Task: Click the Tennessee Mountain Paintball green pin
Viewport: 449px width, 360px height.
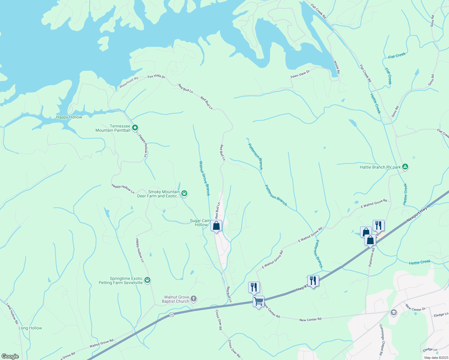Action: (135, 128)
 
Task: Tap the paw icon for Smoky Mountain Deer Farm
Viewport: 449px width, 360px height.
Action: (184, 193)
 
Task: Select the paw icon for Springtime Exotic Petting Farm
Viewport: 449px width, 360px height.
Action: (147, 280)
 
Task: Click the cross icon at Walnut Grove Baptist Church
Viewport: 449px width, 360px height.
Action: (194, 299)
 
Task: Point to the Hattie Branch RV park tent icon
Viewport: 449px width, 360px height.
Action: (405, 167)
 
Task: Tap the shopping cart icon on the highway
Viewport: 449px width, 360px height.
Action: (258, 301)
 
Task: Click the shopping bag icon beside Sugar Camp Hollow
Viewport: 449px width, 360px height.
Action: (216, 226)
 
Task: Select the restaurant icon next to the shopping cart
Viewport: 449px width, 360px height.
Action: (254, 287)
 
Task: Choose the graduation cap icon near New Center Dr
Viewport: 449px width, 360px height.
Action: (393, 313)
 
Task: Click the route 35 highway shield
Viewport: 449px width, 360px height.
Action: (171, 314)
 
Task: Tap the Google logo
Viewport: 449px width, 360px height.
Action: (10, 356)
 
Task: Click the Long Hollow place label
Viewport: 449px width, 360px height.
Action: (30, 328)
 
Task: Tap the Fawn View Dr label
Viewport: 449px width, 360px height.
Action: (300, 74)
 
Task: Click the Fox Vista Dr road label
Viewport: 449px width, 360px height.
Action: (156, 77)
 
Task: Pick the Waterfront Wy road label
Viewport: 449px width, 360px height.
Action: (129, 82)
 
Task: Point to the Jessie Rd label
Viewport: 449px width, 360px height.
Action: (336, 67)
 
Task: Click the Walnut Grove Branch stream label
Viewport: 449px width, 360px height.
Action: (204, 178)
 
